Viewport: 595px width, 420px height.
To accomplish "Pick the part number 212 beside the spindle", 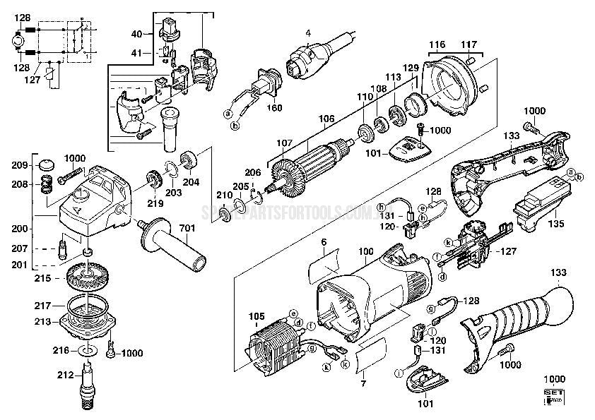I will pos(64,375).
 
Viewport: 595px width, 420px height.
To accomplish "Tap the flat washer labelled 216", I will pos(86,350).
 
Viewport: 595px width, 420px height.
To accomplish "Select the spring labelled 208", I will pos(47,184).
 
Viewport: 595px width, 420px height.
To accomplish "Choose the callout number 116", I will pos(437,44).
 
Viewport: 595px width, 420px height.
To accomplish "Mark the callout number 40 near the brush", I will pos(137,34).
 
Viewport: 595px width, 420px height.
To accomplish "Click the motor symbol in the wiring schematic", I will pos(13,42).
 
